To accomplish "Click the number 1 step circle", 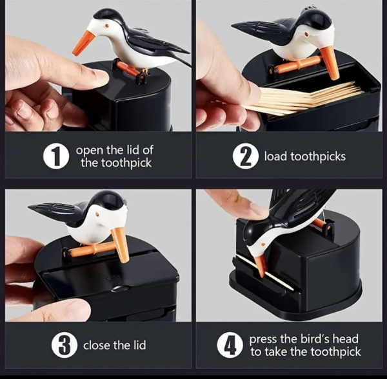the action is (56, 156).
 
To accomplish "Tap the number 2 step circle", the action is (245, 156).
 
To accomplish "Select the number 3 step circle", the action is (64, 345).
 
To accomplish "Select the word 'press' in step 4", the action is (263, 339).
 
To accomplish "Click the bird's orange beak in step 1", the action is (84, 42).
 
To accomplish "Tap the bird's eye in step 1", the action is (107, 26).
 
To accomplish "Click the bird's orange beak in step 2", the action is (330, 63).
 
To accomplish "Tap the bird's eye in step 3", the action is (98, 214).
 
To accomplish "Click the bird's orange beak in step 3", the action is (120, 245).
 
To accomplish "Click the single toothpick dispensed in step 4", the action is (264, 273).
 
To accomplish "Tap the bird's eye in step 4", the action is (264, 245).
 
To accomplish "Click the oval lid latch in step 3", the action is (120, 288).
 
